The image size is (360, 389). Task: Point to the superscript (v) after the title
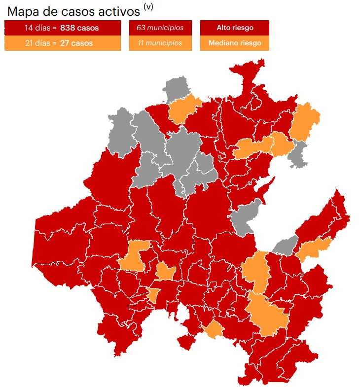tap(148, 6)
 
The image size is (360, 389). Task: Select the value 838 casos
tap(79, 28)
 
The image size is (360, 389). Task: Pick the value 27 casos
tap(76, 43)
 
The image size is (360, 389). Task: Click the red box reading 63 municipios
tap(159, 28)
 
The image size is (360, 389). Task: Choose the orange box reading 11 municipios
tap(159, 43)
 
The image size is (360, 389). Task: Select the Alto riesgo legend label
tap(234, 28)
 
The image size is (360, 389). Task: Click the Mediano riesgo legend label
tap(234, 43)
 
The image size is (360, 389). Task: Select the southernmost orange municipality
tap(214, 330)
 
